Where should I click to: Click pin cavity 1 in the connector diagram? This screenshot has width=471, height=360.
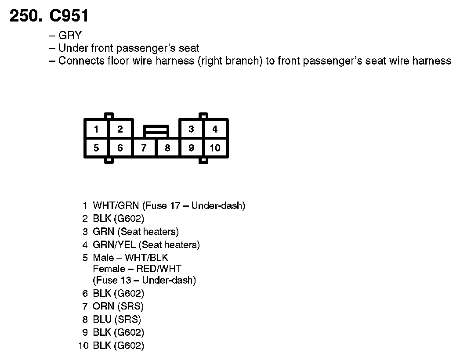coord(96,130)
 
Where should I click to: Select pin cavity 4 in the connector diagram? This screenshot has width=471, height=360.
coord(215,130)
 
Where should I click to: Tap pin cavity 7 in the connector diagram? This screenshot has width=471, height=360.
coord(144,148)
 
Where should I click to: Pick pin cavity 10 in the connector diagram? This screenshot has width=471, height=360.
coord(215,148)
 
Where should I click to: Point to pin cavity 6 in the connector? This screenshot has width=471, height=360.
coord(120,148)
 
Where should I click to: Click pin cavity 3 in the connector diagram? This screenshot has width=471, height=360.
coord(191,130)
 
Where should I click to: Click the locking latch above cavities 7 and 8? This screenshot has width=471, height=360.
coord(156,130)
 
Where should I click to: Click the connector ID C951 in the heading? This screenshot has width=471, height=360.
coord(69,16)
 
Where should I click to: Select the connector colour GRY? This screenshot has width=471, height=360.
coord(70,36)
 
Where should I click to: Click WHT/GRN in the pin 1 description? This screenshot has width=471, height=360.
coord(116,205)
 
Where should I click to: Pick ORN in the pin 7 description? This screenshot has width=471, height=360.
coord(103,306)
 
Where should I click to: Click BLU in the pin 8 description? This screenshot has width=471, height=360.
coord(102,320)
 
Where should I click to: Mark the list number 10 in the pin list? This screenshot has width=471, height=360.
coord(83,346)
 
